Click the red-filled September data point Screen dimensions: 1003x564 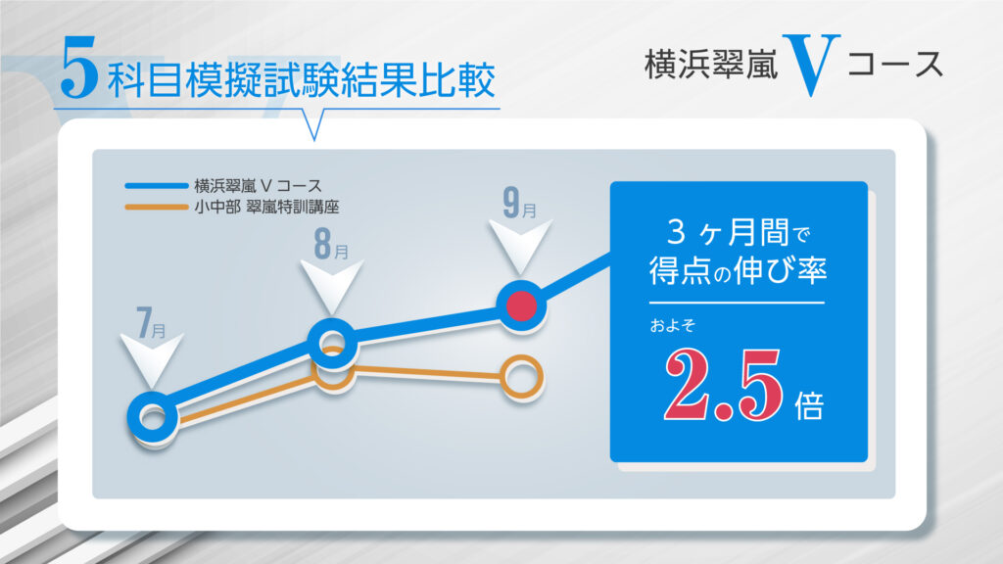pos(521,305)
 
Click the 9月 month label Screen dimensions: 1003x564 pos(519,203)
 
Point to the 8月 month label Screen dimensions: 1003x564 pos(331,244)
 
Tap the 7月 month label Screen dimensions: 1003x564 pos(152,322)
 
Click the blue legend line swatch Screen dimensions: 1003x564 pos(157,186)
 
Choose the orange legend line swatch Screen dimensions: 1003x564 pos(157,208)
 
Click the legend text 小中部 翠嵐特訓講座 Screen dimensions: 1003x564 pos(266,208)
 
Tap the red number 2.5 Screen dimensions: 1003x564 pos(723,385)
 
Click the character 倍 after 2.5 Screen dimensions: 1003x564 pos(809,405)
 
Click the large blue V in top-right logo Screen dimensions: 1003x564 pos(811,66)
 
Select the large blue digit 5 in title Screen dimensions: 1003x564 pos(79,68)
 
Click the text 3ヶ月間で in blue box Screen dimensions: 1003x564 pos(739,232)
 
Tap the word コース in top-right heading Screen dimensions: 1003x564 pos(895,65)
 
